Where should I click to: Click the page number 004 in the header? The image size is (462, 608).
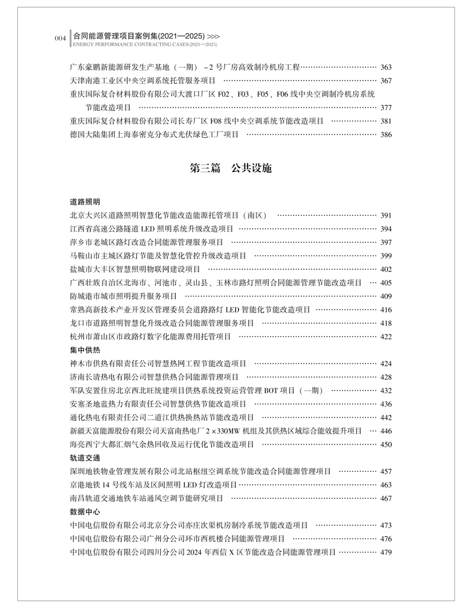pos(60,39)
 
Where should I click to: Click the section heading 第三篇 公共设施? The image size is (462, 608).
pos(231,168)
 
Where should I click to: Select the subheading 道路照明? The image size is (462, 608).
pos(85,202)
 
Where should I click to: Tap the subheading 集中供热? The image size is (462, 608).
pos(85,350)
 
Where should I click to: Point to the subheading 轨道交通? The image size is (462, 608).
pos(85,458)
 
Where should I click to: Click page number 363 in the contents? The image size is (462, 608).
pos(386,67)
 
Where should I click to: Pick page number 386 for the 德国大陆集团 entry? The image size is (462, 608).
pos(386,135)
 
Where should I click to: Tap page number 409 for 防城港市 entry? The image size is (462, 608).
pos(386,296)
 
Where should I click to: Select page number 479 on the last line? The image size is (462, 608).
pos(386,552)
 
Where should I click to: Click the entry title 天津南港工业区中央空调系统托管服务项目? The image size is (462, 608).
pos(143,80)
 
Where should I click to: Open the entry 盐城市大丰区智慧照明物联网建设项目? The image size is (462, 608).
pos(135,269)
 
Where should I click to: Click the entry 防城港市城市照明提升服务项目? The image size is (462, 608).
pos(124,296)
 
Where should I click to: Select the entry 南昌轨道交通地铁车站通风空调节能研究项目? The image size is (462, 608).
pos(147,498)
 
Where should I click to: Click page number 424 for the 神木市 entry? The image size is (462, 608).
pos(386,363)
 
